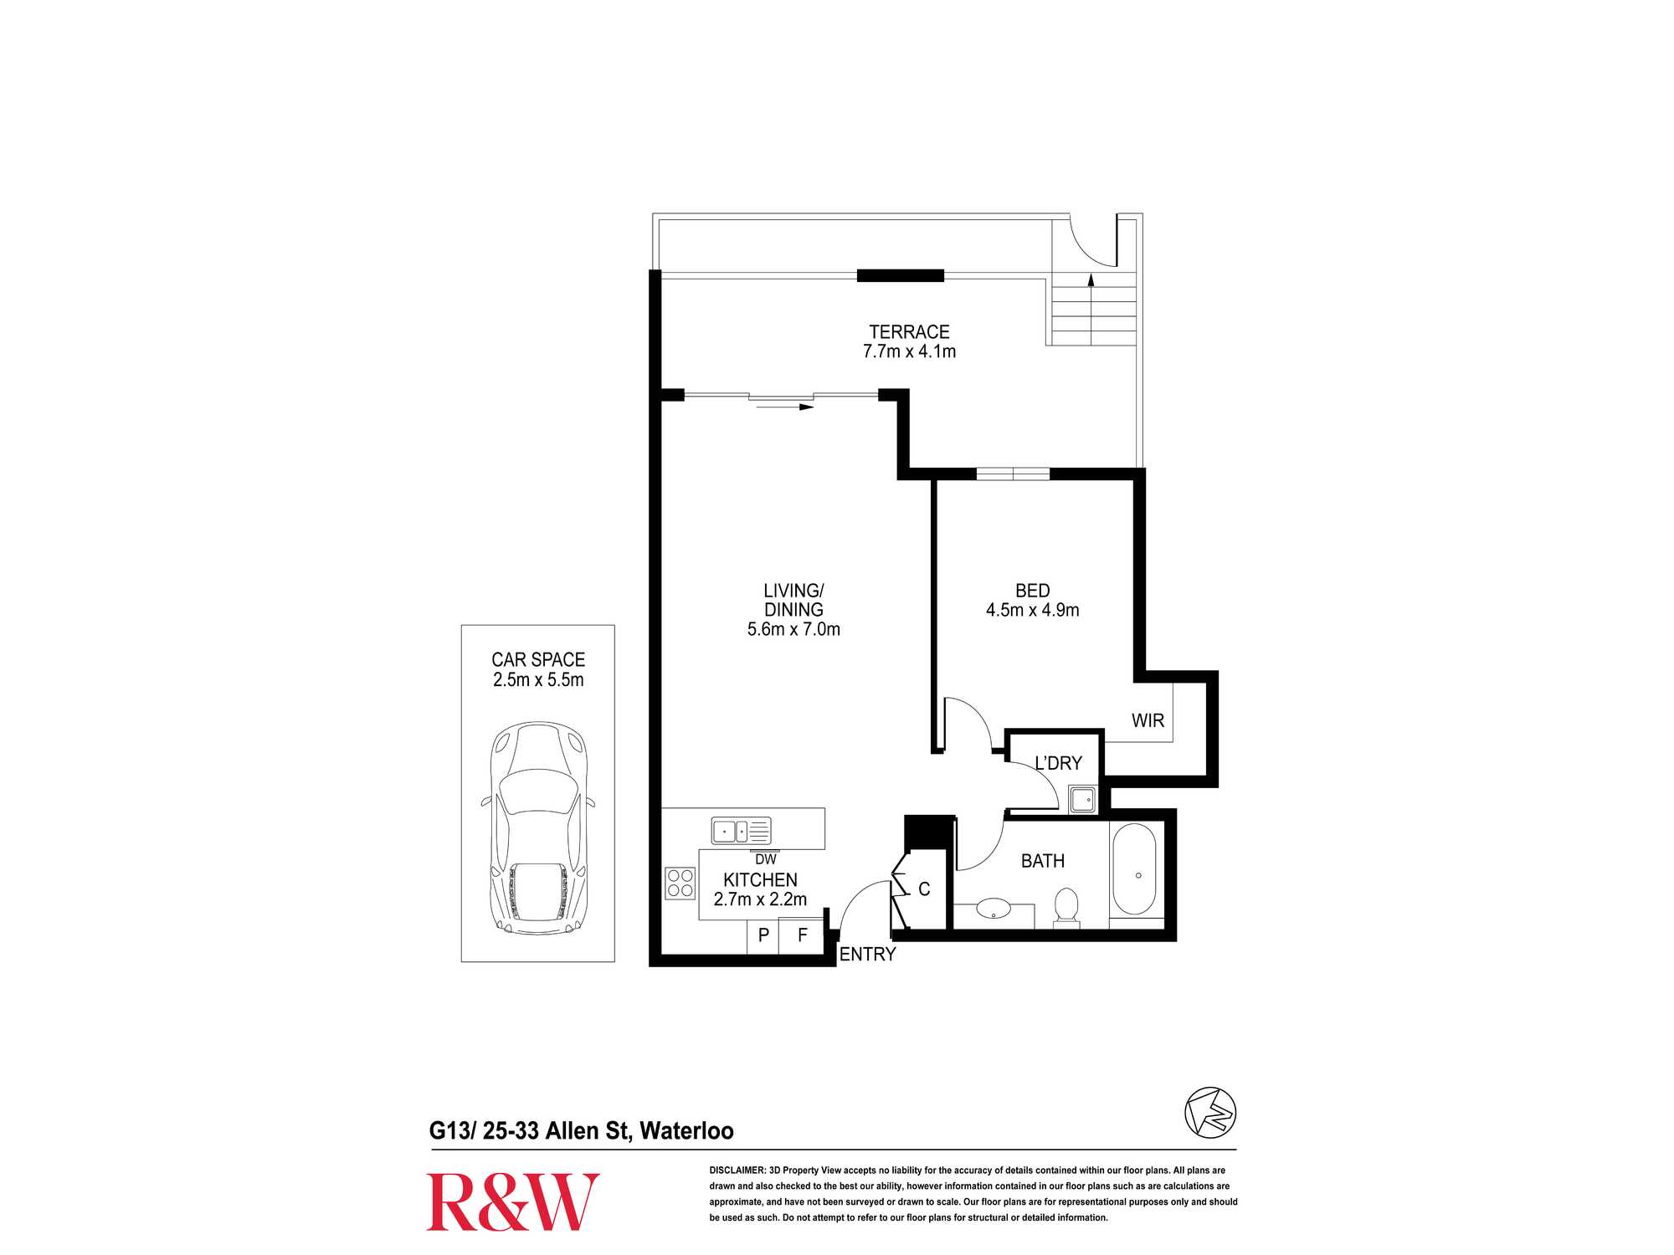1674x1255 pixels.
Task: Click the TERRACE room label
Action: pyautogui.click(x=909, y=332)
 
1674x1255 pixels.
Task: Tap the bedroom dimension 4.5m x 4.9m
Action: pyautogui.click(x=1032, y=611)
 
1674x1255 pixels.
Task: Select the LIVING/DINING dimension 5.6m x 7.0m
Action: pyautogui.click(x=793, y=630)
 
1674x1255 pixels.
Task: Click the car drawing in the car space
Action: pyautogui.click(x=538, y=828)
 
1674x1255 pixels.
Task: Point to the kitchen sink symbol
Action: pyautogui.click(x=741, y=831)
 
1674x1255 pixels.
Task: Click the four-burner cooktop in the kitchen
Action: pyautogui.click(x=680, y=884)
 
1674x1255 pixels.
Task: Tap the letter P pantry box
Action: pyautogui.click(x=763, y=935)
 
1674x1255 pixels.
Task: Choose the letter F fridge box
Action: pyautogui.click(x=802, y=935)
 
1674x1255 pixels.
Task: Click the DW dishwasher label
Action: pyautogui.click(x=766, y=859)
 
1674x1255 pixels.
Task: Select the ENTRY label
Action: pyautogui.click(x=867, y=955)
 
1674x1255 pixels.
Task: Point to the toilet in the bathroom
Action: pyautogui.click(x=1066, y=906)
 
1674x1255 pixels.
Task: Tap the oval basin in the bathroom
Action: pyautogui.click(x=994, y=908)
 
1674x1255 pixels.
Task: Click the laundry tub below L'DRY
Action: pyautogui.click(x=1083, y=799)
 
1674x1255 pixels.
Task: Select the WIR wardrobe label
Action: pyautogui.click(x=1148, y=721)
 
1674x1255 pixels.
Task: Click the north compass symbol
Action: pyautogui.click(x=1210, y=1113)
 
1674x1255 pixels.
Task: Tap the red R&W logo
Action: pyautogui.click(x=513, y=1202)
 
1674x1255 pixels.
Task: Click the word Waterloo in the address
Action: pyautogui.click(x=686, y=1131)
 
